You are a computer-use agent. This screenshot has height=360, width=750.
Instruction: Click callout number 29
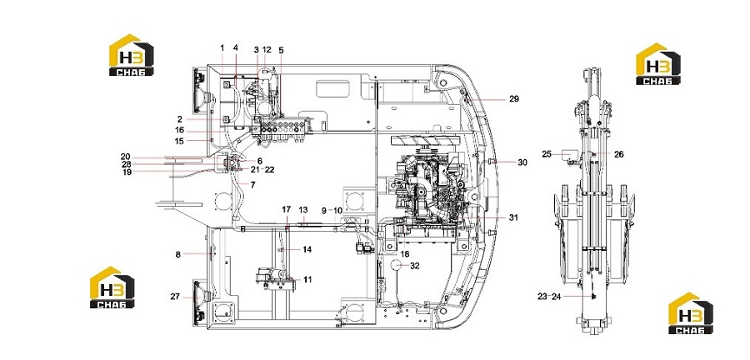[513, 99]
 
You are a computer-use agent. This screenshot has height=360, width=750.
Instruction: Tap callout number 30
[522, 162]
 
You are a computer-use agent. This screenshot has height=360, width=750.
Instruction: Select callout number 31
[513, 217]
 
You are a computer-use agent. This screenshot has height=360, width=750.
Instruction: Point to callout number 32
[415, 266]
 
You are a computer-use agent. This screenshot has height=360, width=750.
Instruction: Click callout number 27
[175, 297]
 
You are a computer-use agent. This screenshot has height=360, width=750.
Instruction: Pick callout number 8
[178, 255]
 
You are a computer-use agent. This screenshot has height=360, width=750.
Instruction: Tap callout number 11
[307, 279]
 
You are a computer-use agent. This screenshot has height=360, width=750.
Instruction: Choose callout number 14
[307, 249]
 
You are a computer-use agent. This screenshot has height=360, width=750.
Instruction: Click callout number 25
[547, 154]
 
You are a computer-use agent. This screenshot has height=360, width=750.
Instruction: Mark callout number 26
[619, 154]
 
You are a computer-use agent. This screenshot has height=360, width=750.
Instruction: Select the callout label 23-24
[549, 297]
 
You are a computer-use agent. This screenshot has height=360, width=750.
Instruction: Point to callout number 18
[405, 253]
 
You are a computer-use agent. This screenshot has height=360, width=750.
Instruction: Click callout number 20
[125, 157]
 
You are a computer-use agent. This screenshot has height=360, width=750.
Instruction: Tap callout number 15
[179, 141]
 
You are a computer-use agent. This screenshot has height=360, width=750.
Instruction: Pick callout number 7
[252, 184]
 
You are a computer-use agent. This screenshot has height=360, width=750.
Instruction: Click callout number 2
[179, 119]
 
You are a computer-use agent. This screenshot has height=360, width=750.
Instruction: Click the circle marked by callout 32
[400, 265]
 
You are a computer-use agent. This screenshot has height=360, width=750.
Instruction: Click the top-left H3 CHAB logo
[132, 55]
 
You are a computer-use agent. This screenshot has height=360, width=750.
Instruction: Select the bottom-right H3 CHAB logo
[691, 313]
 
